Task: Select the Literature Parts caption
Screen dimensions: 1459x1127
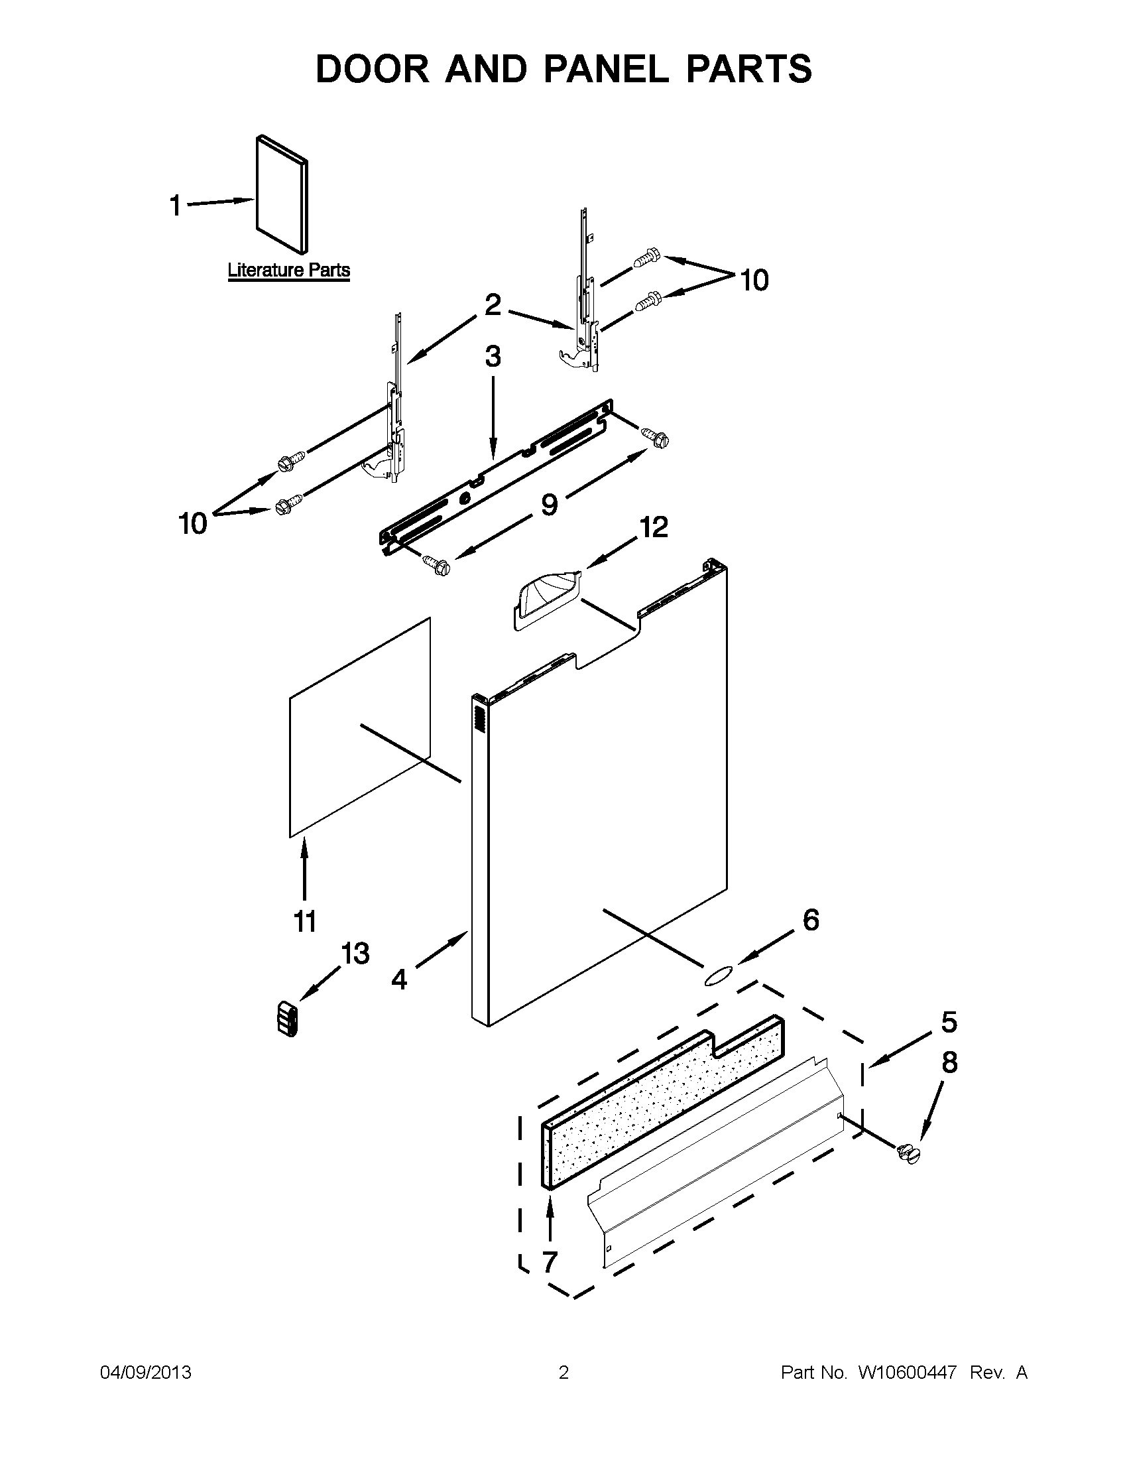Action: (288, 271)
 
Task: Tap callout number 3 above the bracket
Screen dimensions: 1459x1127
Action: (493, 357)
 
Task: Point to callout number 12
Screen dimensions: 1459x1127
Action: (654, 528)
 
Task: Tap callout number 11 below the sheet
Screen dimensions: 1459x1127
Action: (304, 922)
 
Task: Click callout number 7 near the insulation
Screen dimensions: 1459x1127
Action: (550, 1263)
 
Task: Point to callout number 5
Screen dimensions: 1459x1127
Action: (949, 1022)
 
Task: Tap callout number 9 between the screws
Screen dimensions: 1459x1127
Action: (549, 505)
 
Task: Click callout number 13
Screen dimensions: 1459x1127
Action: (355, 953)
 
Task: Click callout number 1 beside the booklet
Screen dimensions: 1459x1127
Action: (176, 205)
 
